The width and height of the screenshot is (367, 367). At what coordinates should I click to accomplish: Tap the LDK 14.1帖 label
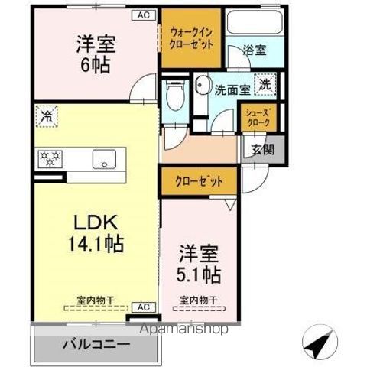click(96, 235)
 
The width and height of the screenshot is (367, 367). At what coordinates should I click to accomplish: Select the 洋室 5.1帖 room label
click(200, 265)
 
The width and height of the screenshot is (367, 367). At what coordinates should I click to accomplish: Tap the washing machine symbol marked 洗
click(265, 85)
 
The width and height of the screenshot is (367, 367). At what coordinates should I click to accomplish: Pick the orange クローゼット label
click(199, 183)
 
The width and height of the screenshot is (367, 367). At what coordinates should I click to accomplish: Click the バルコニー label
click(97, 345)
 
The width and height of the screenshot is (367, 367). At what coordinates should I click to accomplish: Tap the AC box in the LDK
click(142, 307)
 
